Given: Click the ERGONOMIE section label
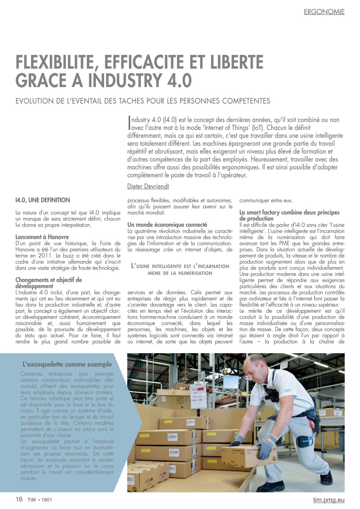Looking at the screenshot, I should [324, 12].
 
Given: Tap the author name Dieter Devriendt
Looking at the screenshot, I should [148, 186].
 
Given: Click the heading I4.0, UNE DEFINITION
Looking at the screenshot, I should [43, 200].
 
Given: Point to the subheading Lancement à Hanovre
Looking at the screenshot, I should [42, 237].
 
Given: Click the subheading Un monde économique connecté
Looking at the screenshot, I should [167, 225].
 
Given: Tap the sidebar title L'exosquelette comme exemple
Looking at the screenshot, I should [67, 364].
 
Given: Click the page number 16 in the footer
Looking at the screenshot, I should [19, 499].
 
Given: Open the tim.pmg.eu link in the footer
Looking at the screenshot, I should [329, 499].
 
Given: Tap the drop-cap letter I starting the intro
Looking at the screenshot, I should [129, 124].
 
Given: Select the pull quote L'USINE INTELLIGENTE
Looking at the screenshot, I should [180, 269].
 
